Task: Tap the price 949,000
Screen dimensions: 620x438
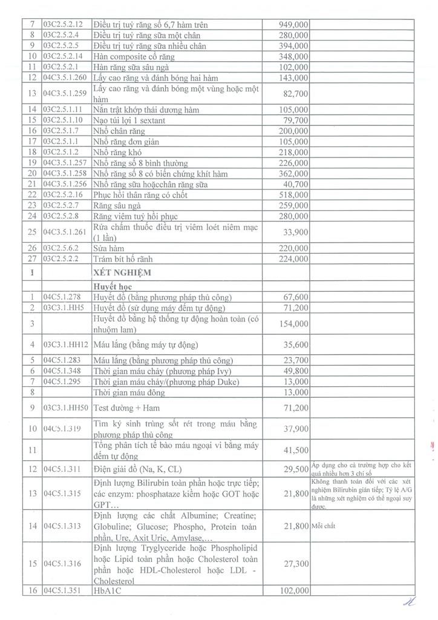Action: pos(293,25)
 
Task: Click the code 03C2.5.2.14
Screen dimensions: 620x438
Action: pos(63,56)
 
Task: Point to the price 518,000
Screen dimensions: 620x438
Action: pos(293,195)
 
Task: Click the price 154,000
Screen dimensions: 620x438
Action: pos(293,324)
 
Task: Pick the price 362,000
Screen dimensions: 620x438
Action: pos(293,174)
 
